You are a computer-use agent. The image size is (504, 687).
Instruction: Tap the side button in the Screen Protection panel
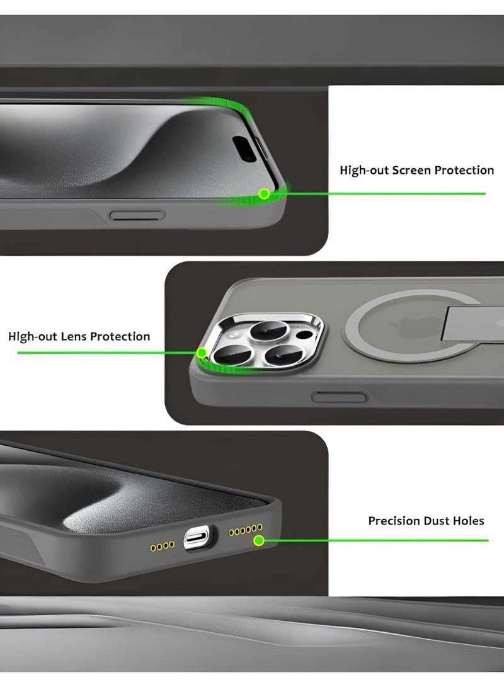[x=137, y=215]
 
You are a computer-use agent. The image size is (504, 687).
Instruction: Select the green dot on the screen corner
[x=265, y=193]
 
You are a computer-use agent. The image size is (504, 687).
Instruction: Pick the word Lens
[x=74, y=336]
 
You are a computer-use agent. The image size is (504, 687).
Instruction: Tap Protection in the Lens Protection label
[x=120, y=336]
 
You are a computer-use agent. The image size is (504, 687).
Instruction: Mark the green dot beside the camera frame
[x=202, y=353]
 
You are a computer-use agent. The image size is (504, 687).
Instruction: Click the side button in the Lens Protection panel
[x=339, y=396]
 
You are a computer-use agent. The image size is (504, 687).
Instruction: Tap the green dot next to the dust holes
[x=258, y=540]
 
